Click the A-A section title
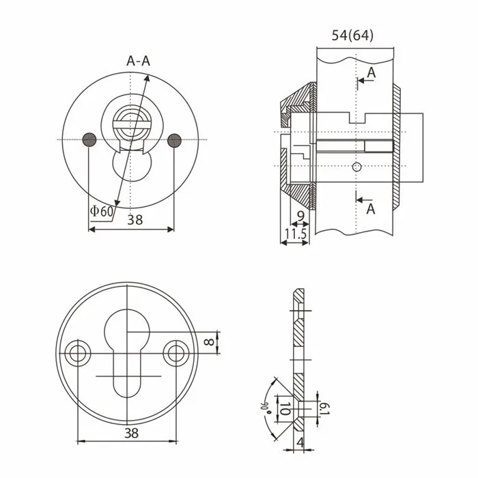[x=139, y=61]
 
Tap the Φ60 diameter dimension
[x=101, y=211]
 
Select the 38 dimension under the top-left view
[x=135, y=220]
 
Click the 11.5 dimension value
[x=294, y=234]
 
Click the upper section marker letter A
[x=371, y=72]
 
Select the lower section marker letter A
[x=371, y=209]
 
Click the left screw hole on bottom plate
[x=77, y=352]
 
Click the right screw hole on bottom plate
[x=177, y=352]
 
